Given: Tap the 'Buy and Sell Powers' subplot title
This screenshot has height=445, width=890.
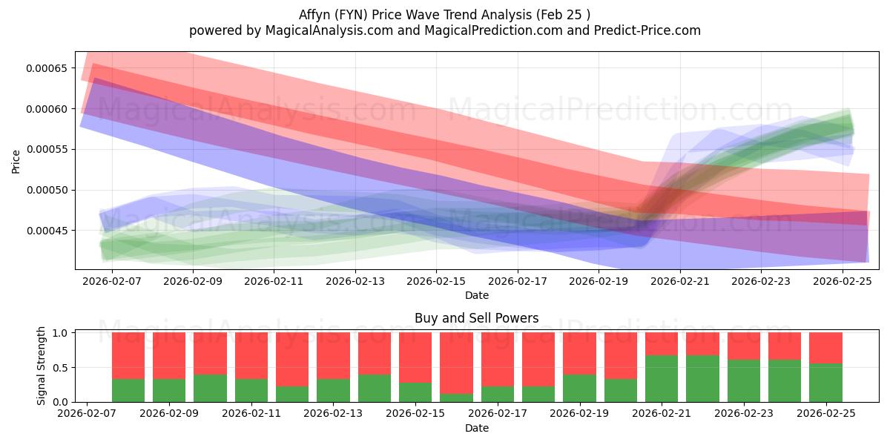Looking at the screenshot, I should coord(476,318).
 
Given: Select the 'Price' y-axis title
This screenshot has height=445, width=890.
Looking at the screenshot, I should coord(16,161).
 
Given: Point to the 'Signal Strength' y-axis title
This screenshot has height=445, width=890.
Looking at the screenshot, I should coord(42,366).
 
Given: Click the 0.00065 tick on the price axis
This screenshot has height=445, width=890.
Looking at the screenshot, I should coord(46,68).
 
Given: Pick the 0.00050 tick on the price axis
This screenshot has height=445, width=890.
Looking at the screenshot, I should coord(46,190).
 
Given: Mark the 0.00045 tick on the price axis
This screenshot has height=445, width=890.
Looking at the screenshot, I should coord(46,231).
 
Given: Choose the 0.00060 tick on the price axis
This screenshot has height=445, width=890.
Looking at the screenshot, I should coord(46,109).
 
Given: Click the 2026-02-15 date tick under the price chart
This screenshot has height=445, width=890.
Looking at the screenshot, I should coord(436,282).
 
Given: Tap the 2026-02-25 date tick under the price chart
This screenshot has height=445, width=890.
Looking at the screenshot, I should coord(843,282).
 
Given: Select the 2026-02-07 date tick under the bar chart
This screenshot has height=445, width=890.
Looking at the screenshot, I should coord(88,414).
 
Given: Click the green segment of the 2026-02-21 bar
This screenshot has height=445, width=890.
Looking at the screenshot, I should coord(662,378).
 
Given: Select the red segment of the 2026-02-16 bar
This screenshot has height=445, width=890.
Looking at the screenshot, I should coord(456,363).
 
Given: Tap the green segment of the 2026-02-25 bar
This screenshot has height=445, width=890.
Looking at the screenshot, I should coord(825,383).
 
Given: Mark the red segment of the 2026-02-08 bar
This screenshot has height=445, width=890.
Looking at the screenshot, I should coord(128,355).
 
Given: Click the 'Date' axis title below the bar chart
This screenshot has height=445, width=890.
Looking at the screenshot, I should coord(476,428).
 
